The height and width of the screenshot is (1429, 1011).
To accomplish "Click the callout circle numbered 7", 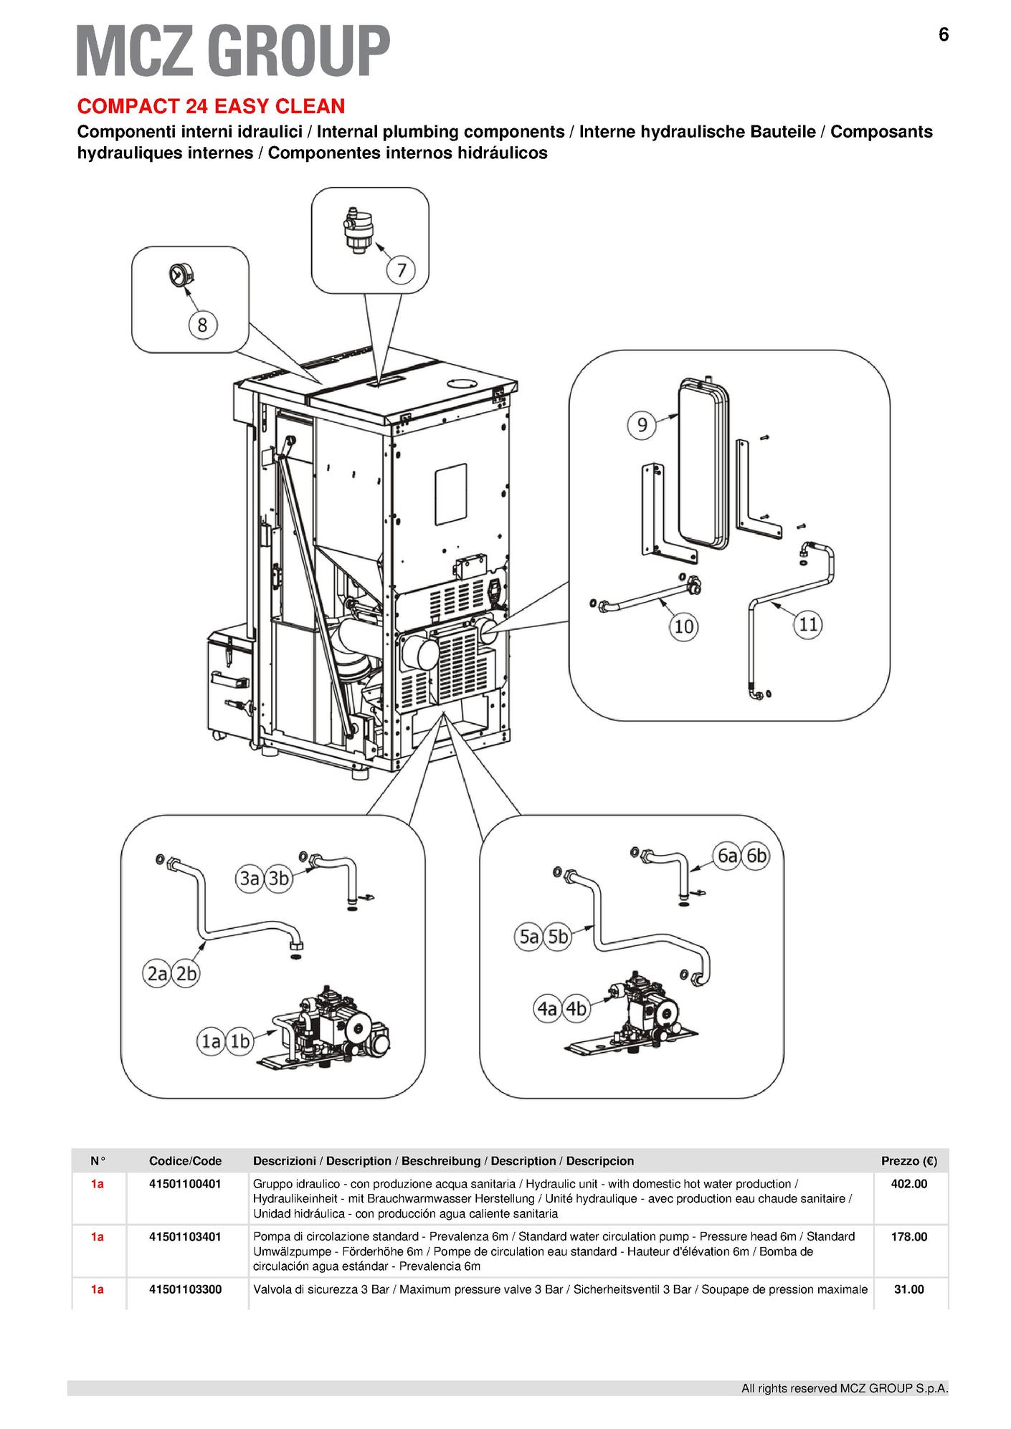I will click(x=402, y=270).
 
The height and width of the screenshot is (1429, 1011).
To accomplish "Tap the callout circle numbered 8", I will click(x=202, y=325).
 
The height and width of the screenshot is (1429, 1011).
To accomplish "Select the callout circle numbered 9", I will click(x=642, y=425).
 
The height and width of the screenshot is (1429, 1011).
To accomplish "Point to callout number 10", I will click(x=683, y=626).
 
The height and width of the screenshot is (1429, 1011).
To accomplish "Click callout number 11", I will click(x=808, y=624).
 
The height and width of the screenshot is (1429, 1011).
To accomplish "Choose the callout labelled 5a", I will click(x=529, y=937).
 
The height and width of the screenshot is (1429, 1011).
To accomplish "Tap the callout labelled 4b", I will click(x=576, y=1008).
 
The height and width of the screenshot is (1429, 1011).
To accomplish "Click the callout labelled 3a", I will click(x=249, y=878).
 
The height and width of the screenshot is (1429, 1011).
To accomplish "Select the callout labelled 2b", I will click(x=186, y=974).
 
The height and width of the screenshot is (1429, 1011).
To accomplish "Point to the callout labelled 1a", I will click(x=210, y=1041).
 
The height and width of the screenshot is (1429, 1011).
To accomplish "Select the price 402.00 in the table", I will click(x=908, y=1184).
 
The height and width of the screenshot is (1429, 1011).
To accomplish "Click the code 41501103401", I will click(x=185, y=1236).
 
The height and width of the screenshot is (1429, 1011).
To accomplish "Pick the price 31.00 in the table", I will click(x=908, y=1289).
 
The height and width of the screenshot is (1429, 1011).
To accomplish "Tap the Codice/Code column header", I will click(x=185, y=1161).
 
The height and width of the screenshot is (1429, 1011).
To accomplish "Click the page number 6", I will click(x=944, y=34).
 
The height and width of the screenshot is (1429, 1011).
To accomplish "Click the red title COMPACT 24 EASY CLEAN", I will click(x=211, y=107).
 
